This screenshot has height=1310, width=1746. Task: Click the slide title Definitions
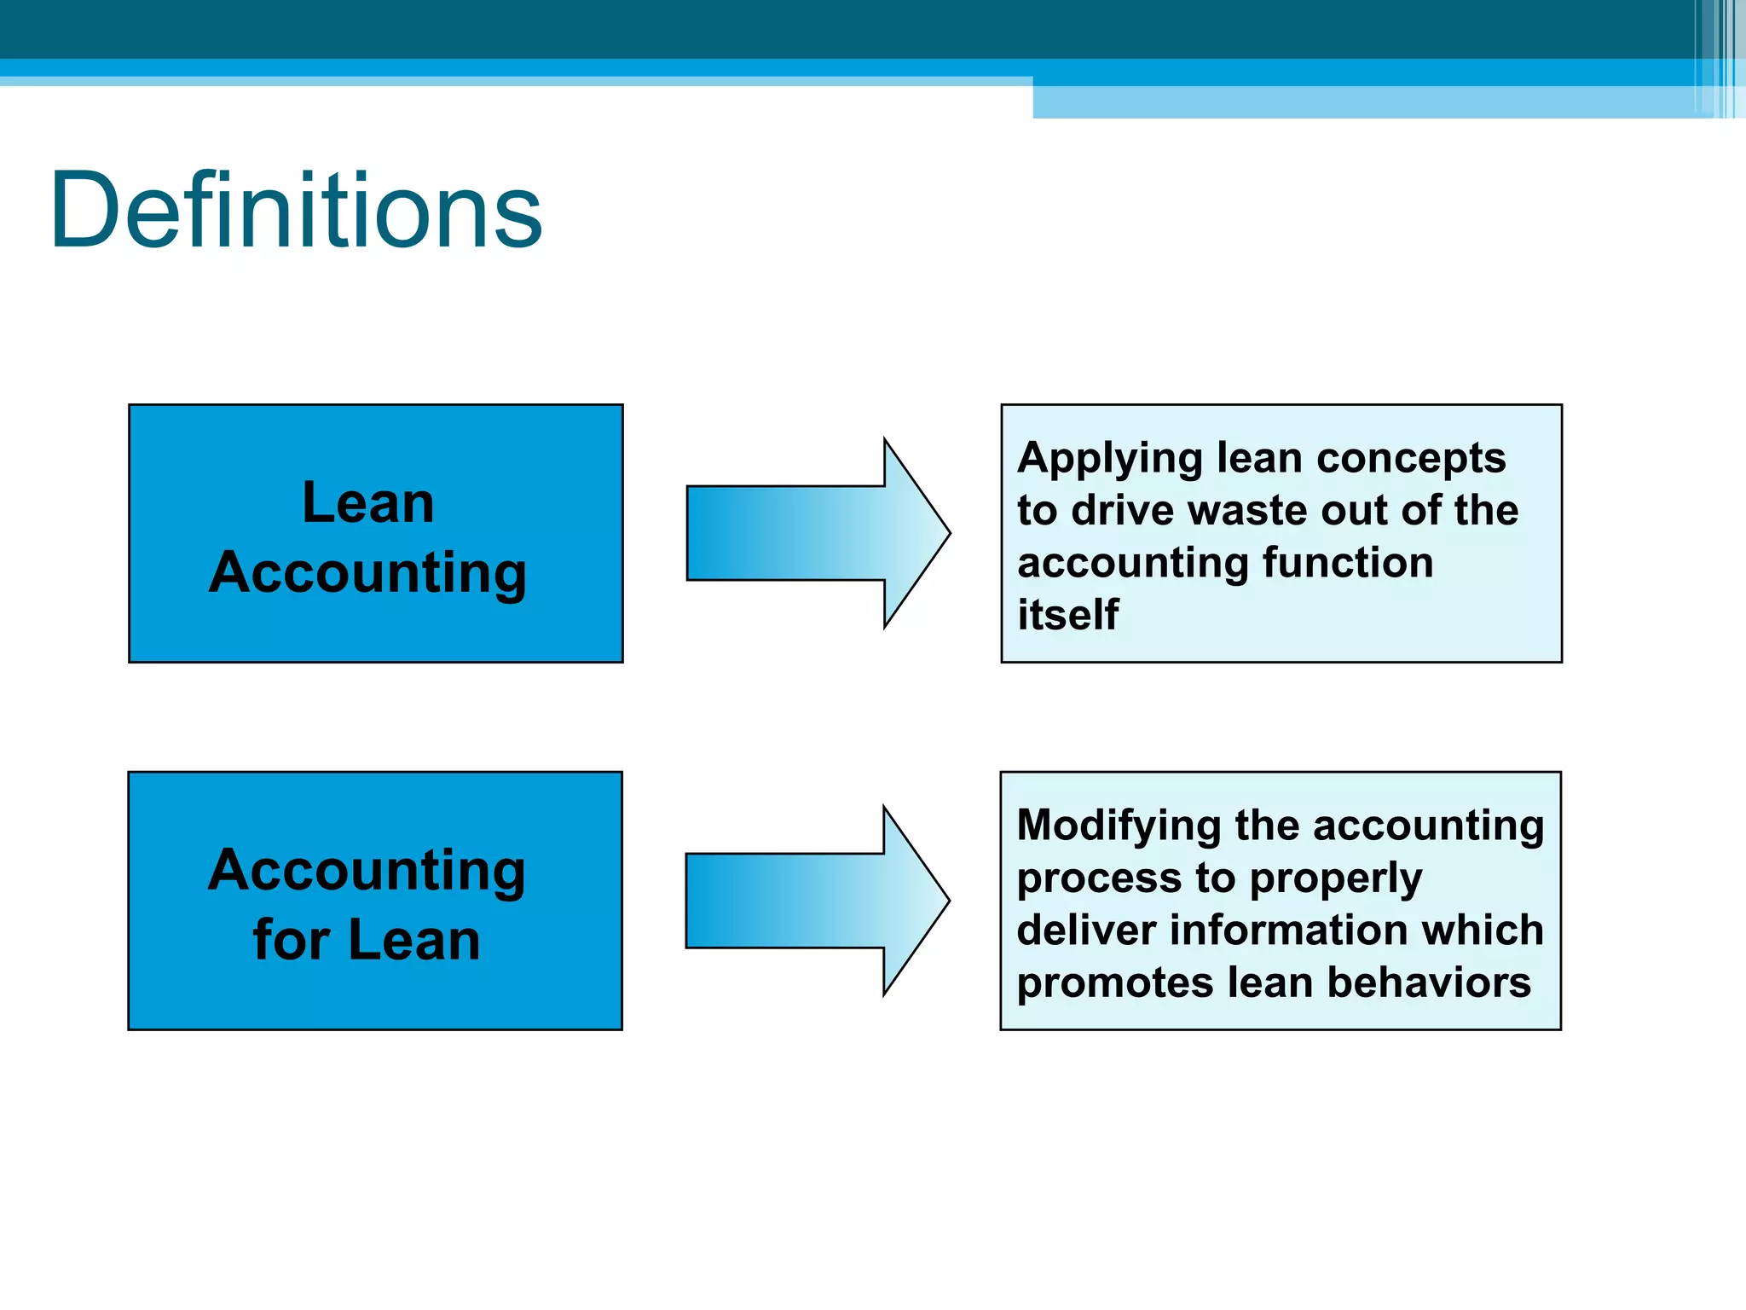point(296,210)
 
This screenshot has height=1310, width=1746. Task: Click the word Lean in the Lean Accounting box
point(368,502)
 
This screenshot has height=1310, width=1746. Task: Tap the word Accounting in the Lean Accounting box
point(368,572)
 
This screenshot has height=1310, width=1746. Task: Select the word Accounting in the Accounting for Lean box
point(367,871)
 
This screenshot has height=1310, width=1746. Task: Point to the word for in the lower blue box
point(291,940)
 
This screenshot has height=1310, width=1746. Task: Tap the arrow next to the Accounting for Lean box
point(817,901)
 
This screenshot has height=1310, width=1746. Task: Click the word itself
point(1067,614)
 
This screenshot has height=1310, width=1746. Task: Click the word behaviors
point(1429,982)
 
